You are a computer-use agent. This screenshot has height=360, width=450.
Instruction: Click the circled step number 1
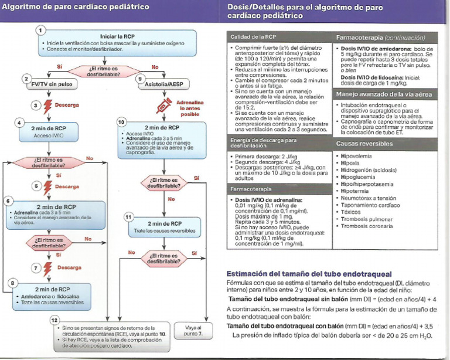pyautogui.click(x=40, y=30)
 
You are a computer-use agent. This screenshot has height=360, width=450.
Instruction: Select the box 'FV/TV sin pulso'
pyautogui.click(x=51, y=84)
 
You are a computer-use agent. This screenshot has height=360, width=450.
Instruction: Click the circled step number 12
pyautogui.click(x=54, y=321)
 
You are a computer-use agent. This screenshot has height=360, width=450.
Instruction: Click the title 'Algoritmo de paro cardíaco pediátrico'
pyautogui.click(x=64, y=8)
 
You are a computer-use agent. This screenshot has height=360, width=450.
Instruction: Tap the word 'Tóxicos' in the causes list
pyautogui.click(x=352, y=212)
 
